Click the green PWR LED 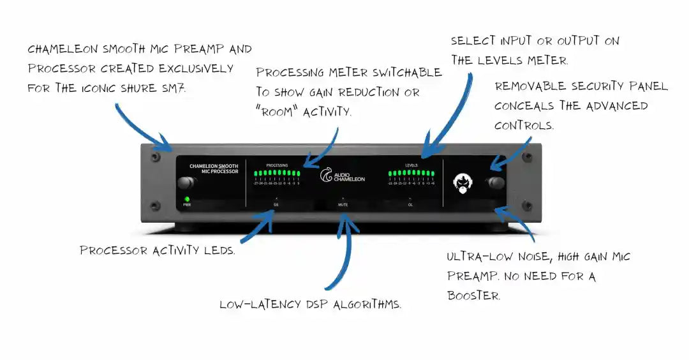[x=188, y=199]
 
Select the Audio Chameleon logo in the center [x=343, y=176]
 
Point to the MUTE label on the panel [x=344, y=206]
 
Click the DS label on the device [x=276, y=206]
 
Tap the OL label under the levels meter [x=411, y=206]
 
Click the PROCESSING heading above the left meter [x=277, y=165]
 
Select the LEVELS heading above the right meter [x=411, y=165]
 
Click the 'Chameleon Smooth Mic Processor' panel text [x=214, y=169]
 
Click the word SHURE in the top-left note [x=143, y=88]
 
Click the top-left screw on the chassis [x=155, y=156]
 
